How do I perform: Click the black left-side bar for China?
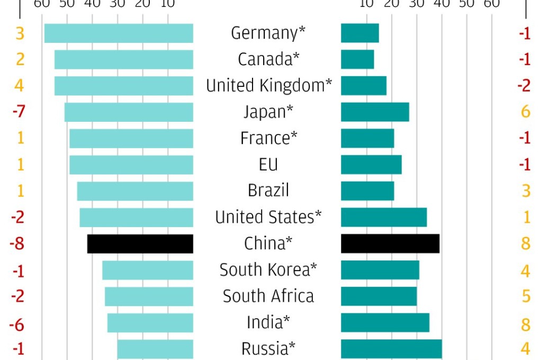coord(140,244)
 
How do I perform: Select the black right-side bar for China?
coord(390,244)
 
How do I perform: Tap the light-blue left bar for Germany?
coord(119,33)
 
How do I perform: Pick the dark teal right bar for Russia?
coord(391,349)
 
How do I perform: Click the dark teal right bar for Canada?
coord(357,59)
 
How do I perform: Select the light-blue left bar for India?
coord(150,322)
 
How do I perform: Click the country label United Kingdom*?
coord(269,85)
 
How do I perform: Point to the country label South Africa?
coord(268,296)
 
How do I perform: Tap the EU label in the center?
coord(268,165)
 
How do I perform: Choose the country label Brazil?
coord(268,191)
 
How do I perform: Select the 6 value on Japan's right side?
coord(525,112)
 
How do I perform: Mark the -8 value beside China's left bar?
coord(18,244)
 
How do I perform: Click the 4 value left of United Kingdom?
coord(20,85)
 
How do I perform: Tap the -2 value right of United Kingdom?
coord(524,85)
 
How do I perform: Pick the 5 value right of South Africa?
coord(526,296)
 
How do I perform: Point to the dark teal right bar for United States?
coord(384,217)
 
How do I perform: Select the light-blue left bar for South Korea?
coord(148,270)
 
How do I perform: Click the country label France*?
coord(268,138)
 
